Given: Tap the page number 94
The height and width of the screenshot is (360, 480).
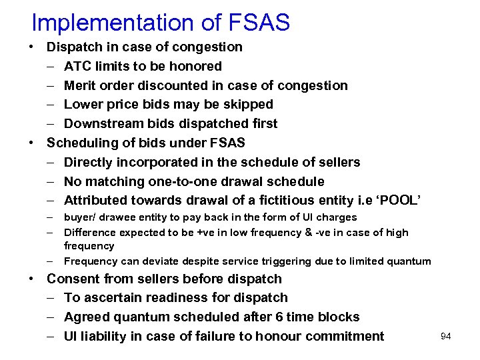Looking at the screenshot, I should (x=446, y=337).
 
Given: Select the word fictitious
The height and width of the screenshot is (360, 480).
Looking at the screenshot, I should (x=293, y=201).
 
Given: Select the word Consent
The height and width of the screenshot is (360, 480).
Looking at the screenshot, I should (x=74, y=279).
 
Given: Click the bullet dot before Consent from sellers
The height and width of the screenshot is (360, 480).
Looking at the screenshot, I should (x=31, y=279).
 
